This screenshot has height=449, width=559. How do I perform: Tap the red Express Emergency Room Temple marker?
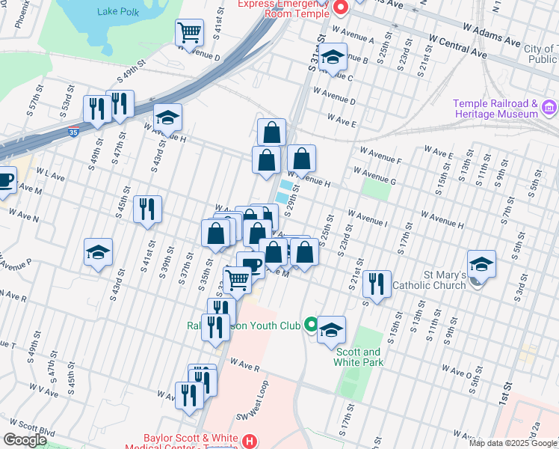tap(341, 8)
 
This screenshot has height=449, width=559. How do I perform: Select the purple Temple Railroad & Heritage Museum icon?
tap(549, 109)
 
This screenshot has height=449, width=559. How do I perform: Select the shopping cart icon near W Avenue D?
tap(190, 33)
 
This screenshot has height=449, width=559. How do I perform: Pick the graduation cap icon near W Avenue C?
tap(332, 57)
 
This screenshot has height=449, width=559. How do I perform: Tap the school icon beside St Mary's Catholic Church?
tap(481, 264)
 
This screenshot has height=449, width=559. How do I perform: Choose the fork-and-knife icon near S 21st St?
tap(377, 284)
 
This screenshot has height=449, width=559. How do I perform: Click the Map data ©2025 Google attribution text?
tap(513, 443)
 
